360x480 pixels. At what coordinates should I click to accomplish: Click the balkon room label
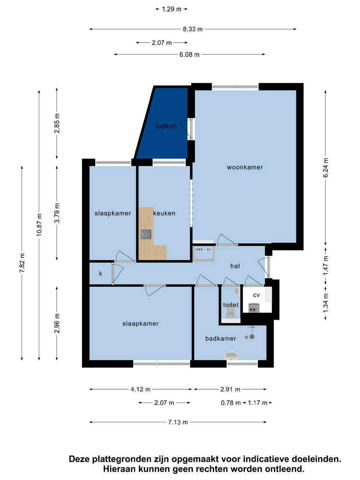(x=166, y=126)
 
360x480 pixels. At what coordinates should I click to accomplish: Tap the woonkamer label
(x=245, y=167)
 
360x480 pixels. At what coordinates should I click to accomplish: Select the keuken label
(x=164, y=213)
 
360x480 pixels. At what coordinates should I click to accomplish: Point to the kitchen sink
(x=146, y=234)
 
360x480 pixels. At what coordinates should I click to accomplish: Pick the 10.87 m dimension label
(x=39, y=225)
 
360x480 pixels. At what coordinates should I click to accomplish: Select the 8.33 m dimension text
(x=193, y=29)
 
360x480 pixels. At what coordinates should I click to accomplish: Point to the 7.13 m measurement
(x=178, y=422)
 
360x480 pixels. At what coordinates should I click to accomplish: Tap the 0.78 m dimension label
(x=231, y=403)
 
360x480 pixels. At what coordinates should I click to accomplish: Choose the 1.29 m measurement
(x=172, y=9)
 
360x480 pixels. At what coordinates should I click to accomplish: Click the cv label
(x=256, y=295)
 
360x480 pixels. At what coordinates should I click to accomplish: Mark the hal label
(x=235, y=266)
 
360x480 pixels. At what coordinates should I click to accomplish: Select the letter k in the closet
(x=101, y=273)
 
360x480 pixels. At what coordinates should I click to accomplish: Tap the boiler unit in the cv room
(x=254, y=308)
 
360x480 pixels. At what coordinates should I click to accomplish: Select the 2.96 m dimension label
(x=57, y=323)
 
